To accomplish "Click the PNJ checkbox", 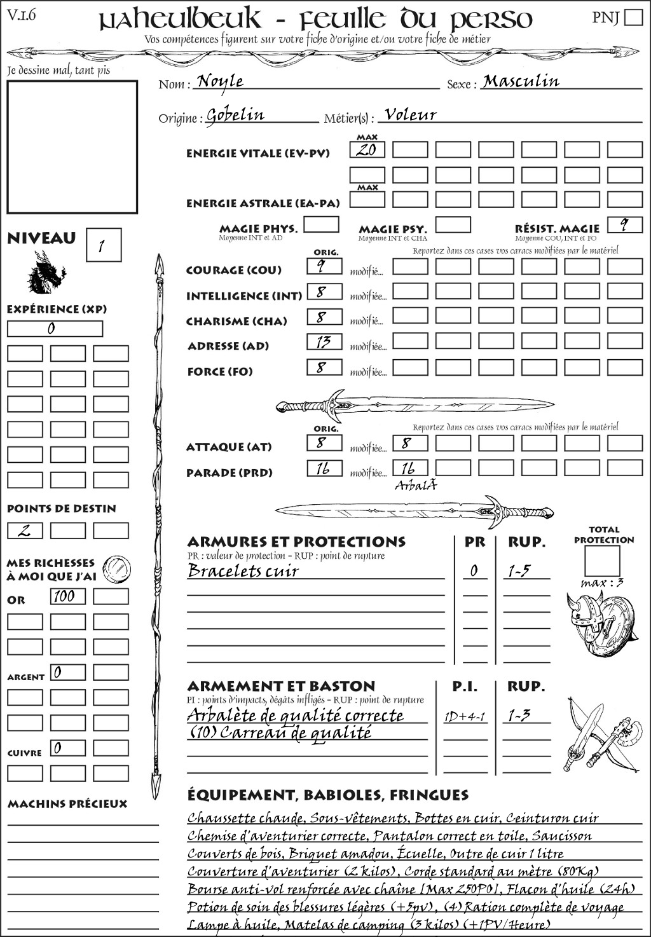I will tap(633, 17).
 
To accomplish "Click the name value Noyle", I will tap(220, 81).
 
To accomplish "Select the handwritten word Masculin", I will tap(521, 81).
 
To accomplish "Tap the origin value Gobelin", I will tap(235, 115).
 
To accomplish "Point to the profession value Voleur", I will tap(410, 115).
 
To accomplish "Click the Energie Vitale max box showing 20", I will tap(367, 150).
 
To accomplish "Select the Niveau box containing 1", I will tap(103, 245).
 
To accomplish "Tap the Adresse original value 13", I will tap(324, 342).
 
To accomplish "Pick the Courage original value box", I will tap(324, 266).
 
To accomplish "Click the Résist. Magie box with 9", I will tap(624, 225).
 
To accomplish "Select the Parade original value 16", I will tap(324, 469).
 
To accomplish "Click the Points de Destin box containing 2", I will tap(25, 530).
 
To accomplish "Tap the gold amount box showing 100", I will tap(67, 596).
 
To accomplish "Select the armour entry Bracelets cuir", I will tap(243, 571).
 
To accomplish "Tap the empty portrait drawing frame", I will tap(72, 147).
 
